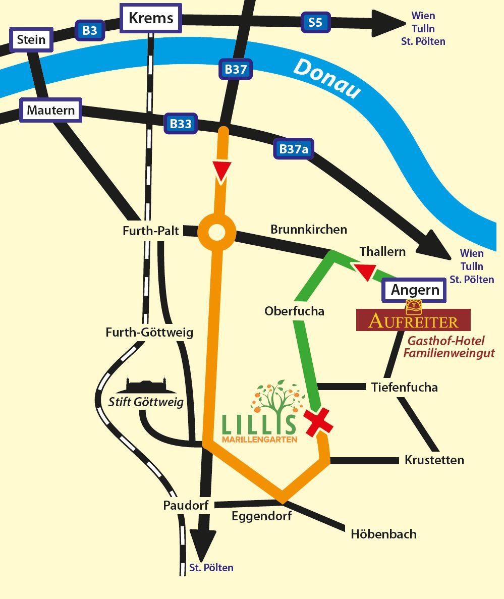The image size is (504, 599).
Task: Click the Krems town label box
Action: point(151,19)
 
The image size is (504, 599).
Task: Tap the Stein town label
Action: point(31,40)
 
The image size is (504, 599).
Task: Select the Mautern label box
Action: point(51,110)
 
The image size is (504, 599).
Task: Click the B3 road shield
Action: point(89,31)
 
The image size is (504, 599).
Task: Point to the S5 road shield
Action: point(315,22)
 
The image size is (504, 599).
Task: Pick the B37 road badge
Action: point(235,70)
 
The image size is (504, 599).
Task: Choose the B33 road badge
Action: point(181,124)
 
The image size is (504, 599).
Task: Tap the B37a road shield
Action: point(293,149)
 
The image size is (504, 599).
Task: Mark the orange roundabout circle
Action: point(217,233)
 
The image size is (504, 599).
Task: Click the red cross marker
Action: point(318,421)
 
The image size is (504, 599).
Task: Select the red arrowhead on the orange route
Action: point(222,171)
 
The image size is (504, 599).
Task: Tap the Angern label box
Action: point(415,290)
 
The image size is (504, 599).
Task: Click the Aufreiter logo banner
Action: point(413,320)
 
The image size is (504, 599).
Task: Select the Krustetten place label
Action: point(434,460)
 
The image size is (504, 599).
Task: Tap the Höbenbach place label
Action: point(384,533)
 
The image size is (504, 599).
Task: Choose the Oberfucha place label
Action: point(294,311)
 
